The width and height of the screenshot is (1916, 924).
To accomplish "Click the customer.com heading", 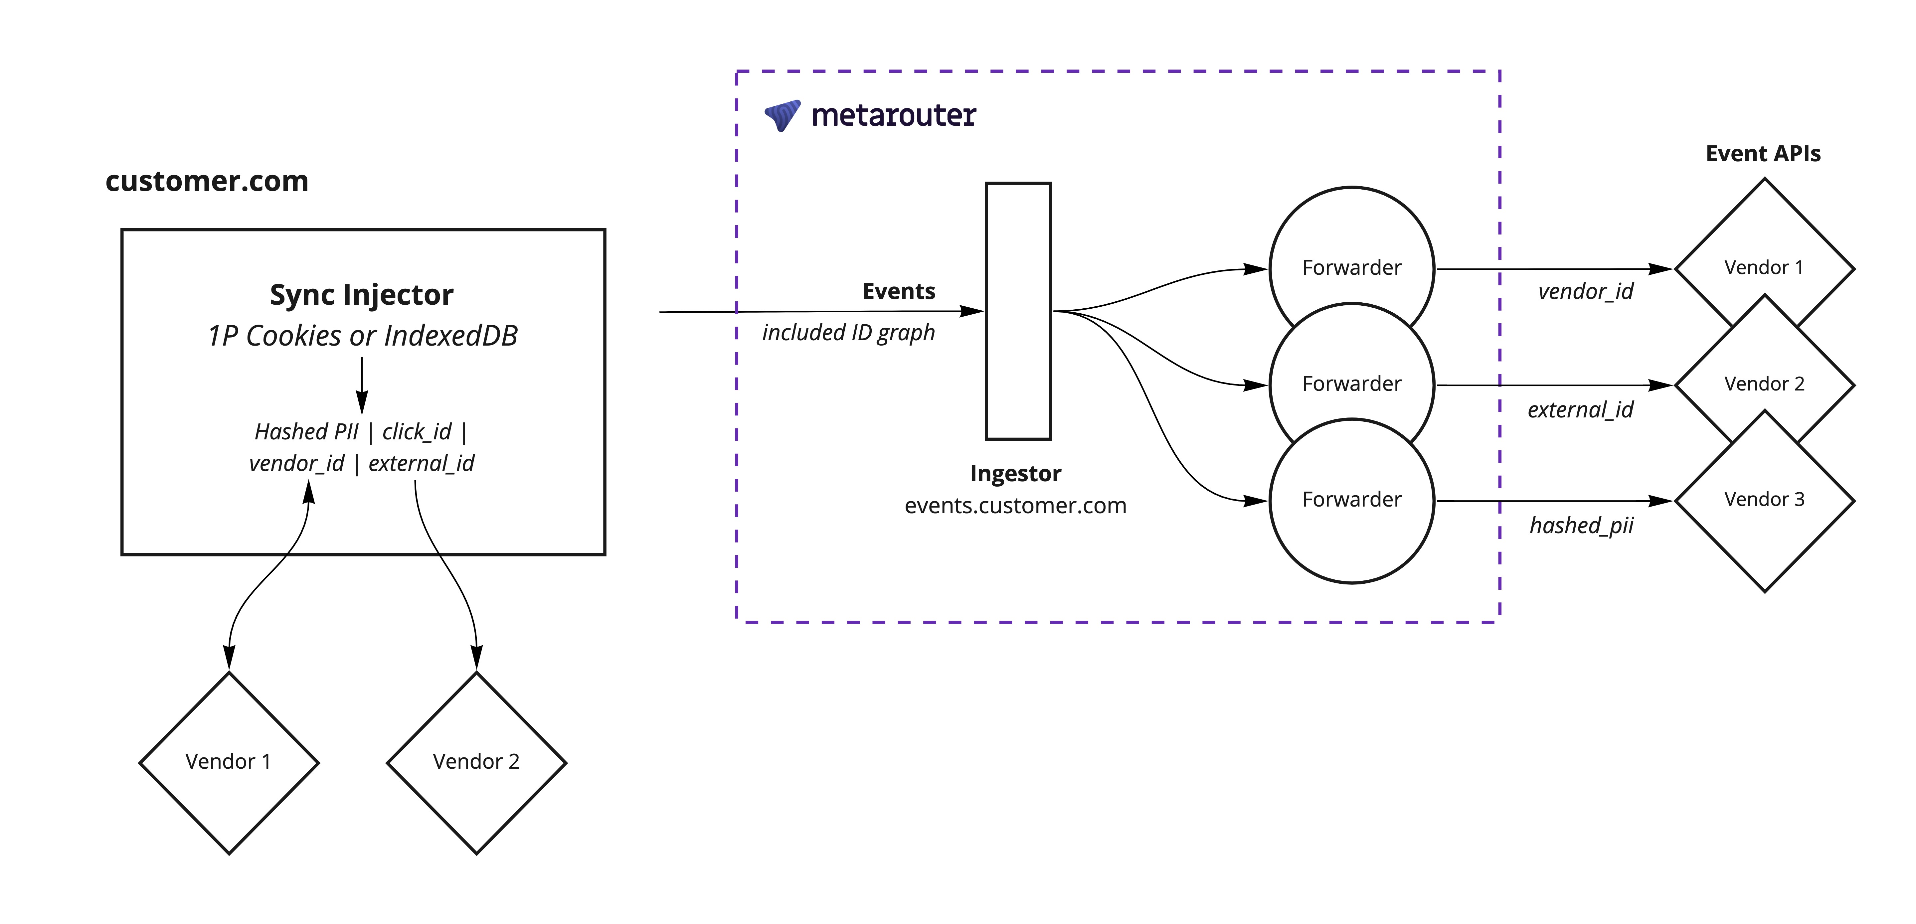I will [x=207, y=181].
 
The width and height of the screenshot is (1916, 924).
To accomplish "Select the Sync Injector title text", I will [x=362, y=295].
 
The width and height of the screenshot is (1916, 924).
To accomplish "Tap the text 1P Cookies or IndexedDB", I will [x=362, y=336].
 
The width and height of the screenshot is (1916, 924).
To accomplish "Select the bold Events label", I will [x=899, y=291].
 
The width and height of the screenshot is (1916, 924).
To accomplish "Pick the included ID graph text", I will [x=848, y=332].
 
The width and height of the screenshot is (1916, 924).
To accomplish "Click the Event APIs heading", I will [x=1763, y=154].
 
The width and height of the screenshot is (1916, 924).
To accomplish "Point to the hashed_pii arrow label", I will [x=1581, y=526].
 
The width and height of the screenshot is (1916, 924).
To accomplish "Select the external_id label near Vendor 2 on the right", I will [x=1581, y=409].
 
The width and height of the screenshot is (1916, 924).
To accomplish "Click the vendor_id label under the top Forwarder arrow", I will [x=1586, y=291].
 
